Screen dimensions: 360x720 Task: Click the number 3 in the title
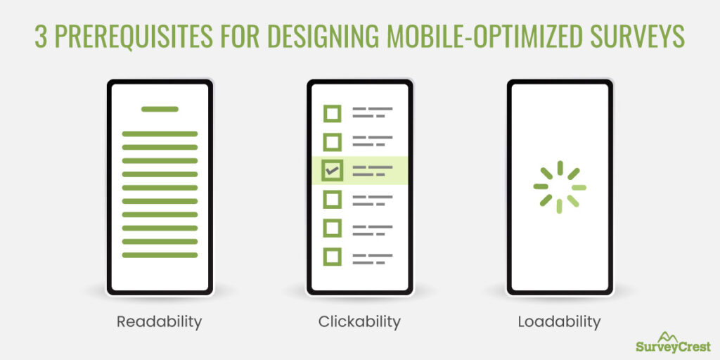click(x=41, y=37)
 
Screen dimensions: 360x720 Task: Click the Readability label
click(x=160, y=322)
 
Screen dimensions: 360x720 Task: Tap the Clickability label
click(x=359, y=322)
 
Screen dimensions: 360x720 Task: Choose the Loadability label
click(x=559, y=322)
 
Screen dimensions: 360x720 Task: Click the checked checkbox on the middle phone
click(x=332, y=169)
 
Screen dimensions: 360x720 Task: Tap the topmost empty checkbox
click(x=332, y=113)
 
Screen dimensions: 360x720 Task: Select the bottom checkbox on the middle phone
click(x=332, y=257)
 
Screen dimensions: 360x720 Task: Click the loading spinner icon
click(x=560, y=187)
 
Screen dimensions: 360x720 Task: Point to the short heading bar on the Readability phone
click(x=160, y=109)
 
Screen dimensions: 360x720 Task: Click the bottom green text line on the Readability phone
click(x=160, y=255)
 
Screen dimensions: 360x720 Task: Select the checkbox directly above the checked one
click(x=332, y=141)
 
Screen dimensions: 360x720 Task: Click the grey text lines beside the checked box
click(x=372, y=170)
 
